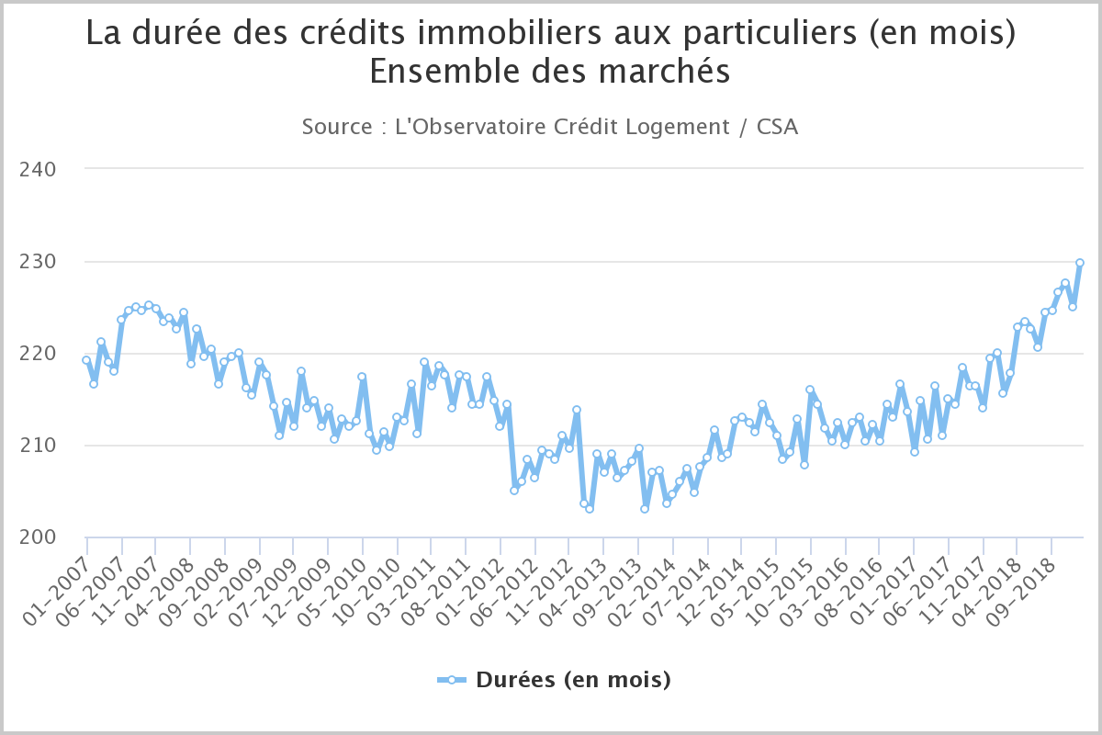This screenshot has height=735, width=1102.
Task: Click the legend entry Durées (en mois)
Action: (572, 680)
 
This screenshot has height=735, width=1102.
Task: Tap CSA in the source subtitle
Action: (777, 127)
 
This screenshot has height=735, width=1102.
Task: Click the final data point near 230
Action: (1080, 263)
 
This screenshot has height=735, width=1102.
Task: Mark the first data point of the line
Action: (86, 360)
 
